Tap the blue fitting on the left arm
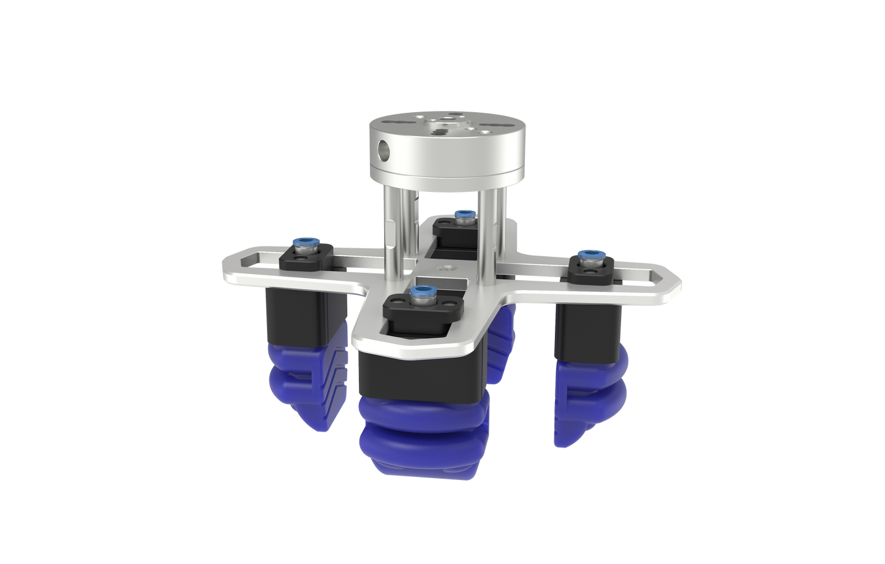(304, 245)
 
